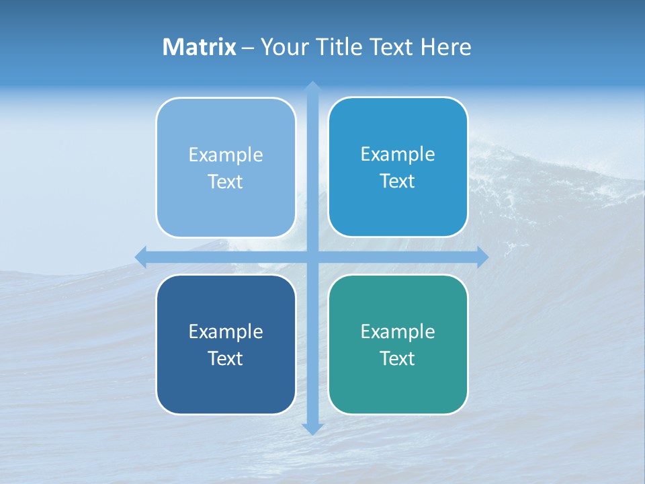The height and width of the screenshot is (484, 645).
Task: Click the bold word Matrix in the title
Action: [x=200, y=47]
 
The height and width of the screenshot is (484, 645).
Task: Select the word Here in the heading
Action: [x=445, y=47]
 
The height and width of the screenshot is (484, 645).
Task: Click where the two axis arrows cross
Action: [x=312, y=257]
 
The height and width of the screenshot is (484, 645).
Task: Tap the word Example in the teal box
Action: [x=398, y=331]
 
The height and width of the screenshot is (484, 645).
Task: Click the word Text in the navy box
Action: [x=226, y=358]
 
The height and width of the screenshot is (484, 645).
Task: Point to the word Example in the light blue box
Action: [x=226, y=155]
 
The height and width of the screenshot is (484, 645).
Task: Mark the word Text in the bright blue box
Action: [x=398, y=181]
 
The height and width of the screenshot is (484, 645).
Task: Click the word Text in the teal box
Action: [x=398, y=358]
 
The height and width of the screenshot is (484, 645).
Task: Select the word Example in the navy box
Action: [x=226, y=331]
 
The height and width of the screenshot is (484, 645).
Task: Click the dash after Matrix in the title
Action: [x=248, y=48]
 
